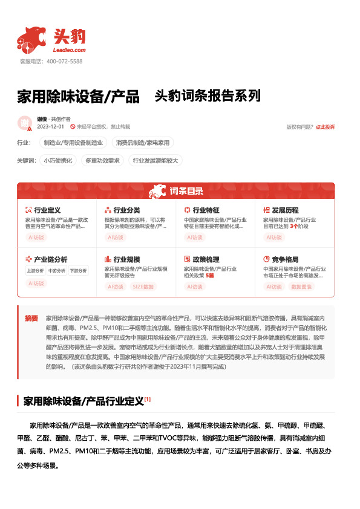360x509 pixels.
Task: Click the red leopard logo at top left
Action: click(x=31, y=38)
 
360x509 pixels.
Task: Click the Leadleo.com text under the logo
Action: click(x=70, y=50)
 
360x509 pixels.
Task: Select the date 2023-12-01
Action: click(x=50, y=127)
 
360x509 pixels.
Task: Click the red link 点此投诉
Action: click(x=325, y=127)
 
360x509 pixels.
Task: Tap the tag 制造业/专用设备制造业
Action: click(x=73, y=143)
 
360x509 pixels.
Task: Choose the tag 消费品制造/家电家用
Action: click(x=143, y=143)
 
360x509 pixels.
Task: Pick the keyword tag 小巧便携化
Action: click(x=58, y=161)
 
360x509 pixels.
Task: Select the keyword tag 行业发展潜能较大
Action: click(x=155, y=161)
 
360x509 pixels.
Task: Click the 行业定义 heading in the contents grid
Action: click(x=47, y=210)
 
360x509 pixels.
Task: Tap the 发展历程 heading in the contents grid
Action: click(x=285, y=210)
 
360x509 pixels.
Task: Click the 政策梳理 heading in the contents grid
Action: click(x=206, y=259)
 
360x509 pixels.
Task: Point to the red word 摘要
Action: click(x=31, y=318)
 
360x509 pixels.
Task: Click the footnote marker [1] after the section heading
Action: click(x=148, y=382)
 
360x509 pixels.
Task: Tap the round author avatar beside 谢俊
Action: click(x=25, y=123)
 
